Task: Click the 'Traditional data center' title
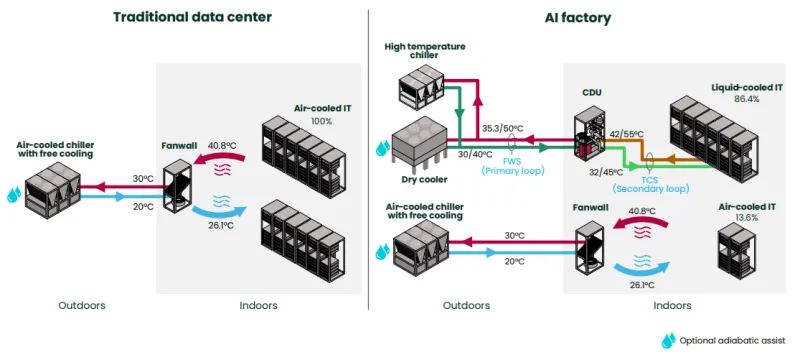(192, 17)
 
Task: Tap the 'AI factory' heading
(578, 18)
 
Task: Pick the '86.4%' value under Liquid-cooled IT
(746, 99)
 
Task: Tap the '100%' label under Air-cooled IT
(321, 121)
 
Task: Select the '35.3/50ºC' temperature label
(502, 127)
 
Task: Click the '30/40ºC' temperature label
(474, 155)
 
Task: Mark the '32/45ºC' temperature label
(606, 172)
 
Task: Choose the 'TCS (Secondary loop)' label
(651, 184)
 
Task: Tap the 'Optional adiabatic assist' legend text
(732, 341)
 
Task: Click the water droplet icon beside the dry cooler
(383, 148)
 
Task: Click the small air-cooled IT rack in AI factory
(737, 248)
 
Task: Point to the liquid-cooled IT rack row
(706, 139)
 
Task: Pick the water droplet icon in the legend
(668, 341)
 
